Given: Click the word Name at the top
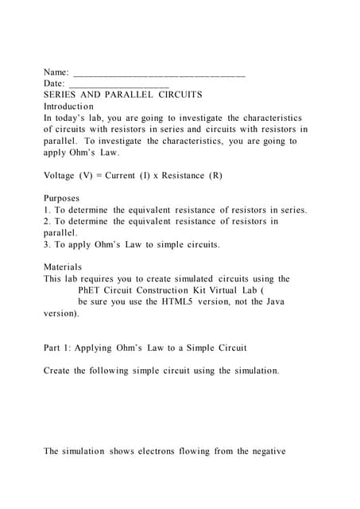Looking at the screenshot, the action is (x=56, y=72).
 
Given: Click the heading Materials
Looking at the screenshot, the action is (x=63, y=267).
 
